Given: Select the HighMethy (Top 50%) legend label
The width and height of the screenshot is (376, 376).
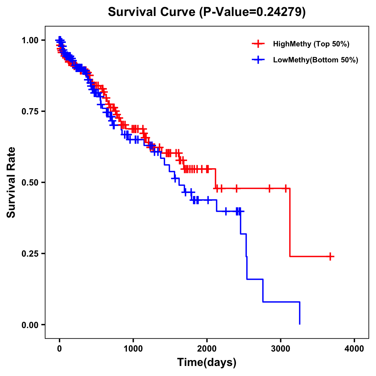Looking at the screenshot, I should (311, 44).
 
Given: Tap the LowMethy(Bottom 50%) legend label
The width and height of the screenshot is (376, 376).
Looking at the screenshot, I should (316, 60).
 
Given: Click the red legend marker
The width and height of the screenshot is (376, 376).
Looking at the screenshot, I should (258, 44).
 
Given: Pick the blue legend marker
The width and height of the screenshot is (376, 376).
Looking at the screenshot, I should (258, 60).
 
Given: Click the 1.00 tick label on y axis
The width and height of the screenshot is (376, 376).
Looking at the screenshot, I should (30, 40).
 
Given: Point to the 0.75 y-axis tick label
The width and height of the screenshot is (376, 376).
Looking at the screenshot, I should (30, 112).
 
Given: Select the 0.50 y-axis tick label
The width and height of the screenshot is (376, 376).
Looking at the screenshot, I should (30, 182).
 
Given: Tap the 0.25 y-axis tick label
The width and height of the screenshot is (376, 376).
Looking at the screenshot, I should (30, 253).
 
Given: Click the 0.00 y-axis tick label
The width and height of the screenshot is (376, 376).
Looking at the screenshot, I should (30, 325).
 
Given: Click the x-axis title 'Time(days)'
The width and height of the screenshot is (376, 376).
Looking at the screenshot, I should (207, 363).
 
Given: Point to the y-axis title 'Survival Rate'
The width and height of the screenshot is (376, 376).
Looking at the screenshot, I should (11, 182).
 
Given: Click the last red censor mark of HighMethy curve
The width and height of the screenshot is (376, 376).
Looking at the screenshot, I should (330, 257).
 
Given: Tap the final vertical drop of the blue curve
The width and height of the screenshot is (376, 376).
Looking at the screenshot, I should (300, 313).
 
